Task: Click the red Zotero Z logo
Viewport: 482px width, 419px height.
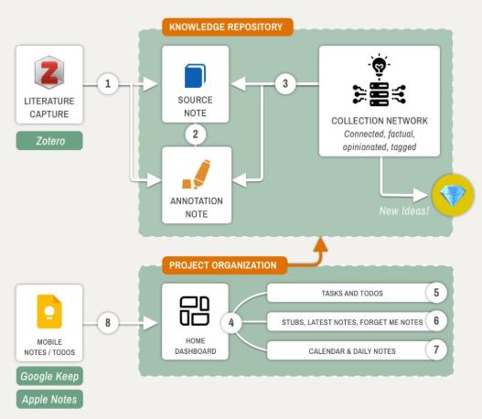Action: (49, 72)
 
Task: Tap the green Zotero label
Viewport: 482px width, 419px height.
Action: (49, 141)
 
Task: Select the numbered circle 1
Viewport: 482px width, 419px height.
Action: (108, 83)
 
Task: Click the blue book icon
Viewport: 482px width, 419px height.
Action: (195, 76)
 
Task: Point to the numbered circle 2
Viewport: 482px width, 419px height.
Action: (196, 134)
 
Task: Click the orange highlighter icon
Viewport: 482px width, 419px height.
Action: (197, 174)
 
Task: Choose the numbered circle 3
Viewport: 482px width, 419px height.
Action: (285, 83)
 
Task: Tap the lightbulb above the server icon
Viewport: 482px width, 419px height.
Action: (379, 66)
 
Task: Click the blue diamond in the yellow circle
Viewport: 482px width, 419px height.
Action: (453, 195)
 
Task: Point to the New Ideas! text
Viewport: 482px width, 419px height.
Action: (404, 211)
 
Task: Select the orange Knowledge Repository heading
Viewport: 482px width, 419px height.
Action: (228, 27)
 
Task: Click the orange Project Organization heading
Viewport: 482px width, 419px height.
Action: (224, 265)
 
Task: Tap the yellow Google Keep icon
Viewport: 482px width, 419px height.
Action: (49, 311)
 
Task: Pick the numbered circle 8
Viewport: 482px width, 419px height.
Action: (108, 322)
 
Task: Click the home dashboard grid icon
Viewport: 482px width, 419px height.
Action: (195, 311)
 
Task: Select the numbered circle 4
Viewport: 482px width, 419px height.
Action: (231, 322)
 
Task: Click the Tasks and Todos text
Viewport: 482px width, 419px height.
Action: (352, 294)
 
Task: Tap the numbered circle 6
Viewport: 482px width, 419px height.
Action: (436, 321)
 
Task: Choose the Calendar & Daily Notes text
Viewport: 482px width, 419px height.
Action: (352, 351)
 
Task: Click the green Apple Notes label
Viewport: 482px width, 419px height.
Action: (49, 399)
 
